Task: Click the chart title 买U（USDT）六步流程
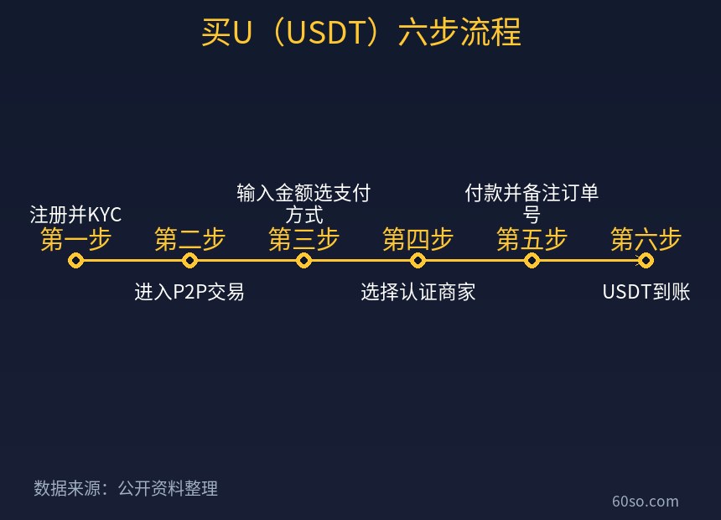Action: [x=361, y=32]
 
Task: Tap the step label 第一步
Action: [x=75, y=239]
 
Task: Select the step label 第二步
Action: [x=190, y=239]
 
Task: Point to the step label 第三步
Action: [x=304, y=239]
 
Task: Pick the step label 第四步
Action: [x=418, y=239]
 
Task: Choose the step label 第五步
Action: [x=532, y=239]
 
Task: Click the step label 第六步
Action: [x=646, y=239]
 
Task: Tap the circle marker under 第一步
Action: [x=75, y=261]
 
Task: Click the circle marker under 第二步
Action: [x=190, y=261]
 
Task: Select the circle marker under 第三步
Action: [x=304, y=261]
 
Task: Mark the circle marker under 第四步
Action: [x=418, y=261]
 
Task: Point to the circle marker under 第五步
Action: [x=532, y=261]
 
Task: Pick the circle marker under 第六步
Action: [x=646, y=261]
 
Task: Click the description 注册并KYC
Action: [x=75, y=215]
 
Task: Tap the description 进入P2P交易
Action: [x=189, y=292]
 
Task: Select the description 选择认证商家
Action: [x=418, y=292]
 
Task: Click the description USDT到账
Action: [x=646, y=292]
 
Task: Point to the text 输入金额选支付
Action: [x=304, y=193]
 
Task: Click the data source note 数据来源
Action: [x=67, y=488]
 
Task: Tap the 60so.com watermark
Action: [x=646, y=502]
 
